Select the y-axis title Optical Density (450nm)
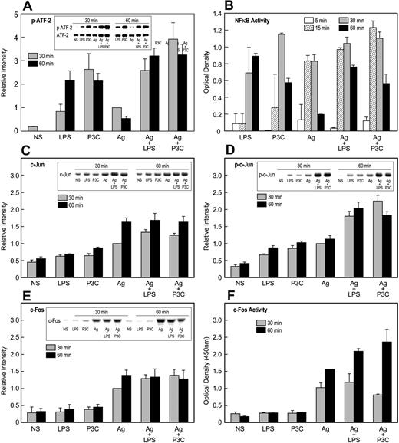tap(211, 371)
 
